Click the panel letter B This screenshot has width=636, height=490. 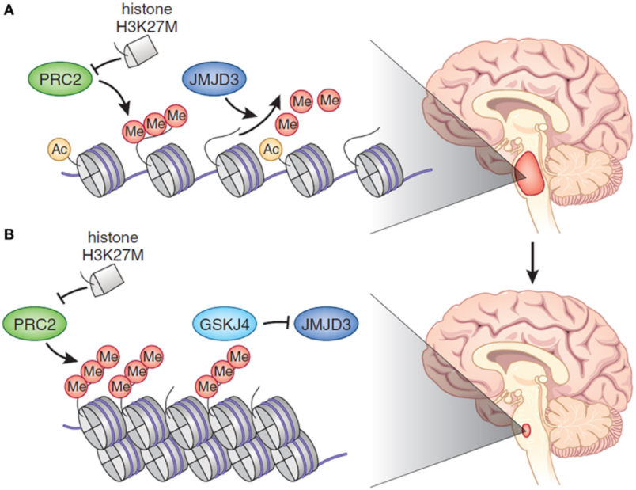[8, 235]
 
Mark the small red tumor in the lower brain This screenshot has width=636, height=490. [527, 431]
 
